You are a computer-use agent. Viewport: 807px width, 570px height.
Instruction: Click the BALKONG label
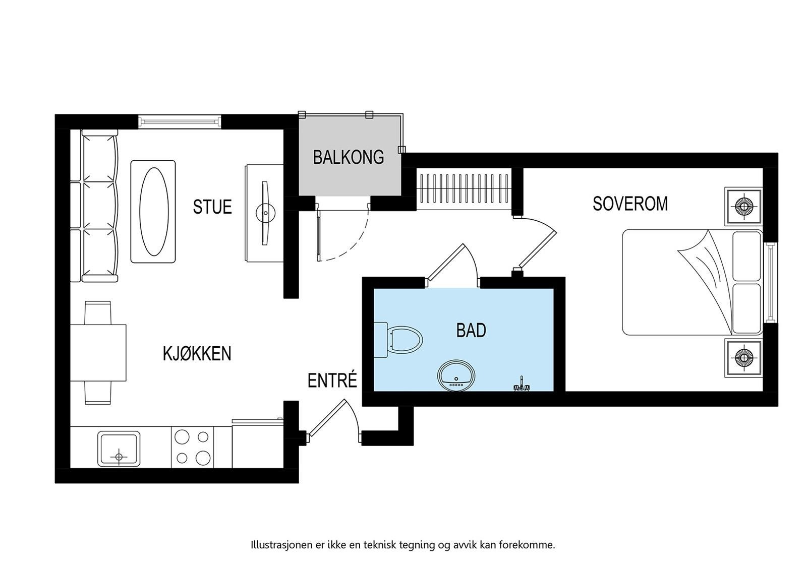349,157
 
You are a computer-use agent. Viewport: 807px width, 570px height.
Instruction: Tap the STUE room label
212,207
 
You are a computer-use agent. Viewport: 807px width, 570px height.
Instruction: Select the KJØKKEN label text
197,354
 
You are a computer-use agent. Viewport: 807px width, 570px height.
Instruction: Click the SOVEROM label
630,204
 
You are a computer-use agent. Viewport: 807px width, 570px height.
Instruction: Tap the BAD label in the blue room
471,331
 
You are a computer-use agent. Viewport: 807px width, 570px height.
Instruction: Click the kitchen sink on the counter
120,448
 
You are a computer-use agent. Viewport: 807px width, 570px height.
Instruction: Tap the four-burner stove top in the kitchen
193,448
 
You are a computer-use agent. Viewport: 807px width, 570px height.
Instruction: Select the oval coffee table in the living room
153,212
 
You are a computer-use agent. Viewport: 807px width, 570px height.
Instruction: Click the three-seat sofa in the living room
99,206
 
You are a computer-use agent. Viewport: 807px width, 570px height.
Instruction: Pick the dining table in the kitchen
98,353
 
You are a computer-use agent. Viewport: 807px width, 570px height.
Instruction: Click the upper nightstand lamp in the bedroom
743,206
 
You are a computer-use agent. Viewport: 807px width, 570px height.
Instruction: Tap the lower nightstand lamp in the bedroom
743,357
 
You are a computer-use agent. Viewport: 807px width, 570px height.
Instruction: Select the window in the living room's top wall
180,121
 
